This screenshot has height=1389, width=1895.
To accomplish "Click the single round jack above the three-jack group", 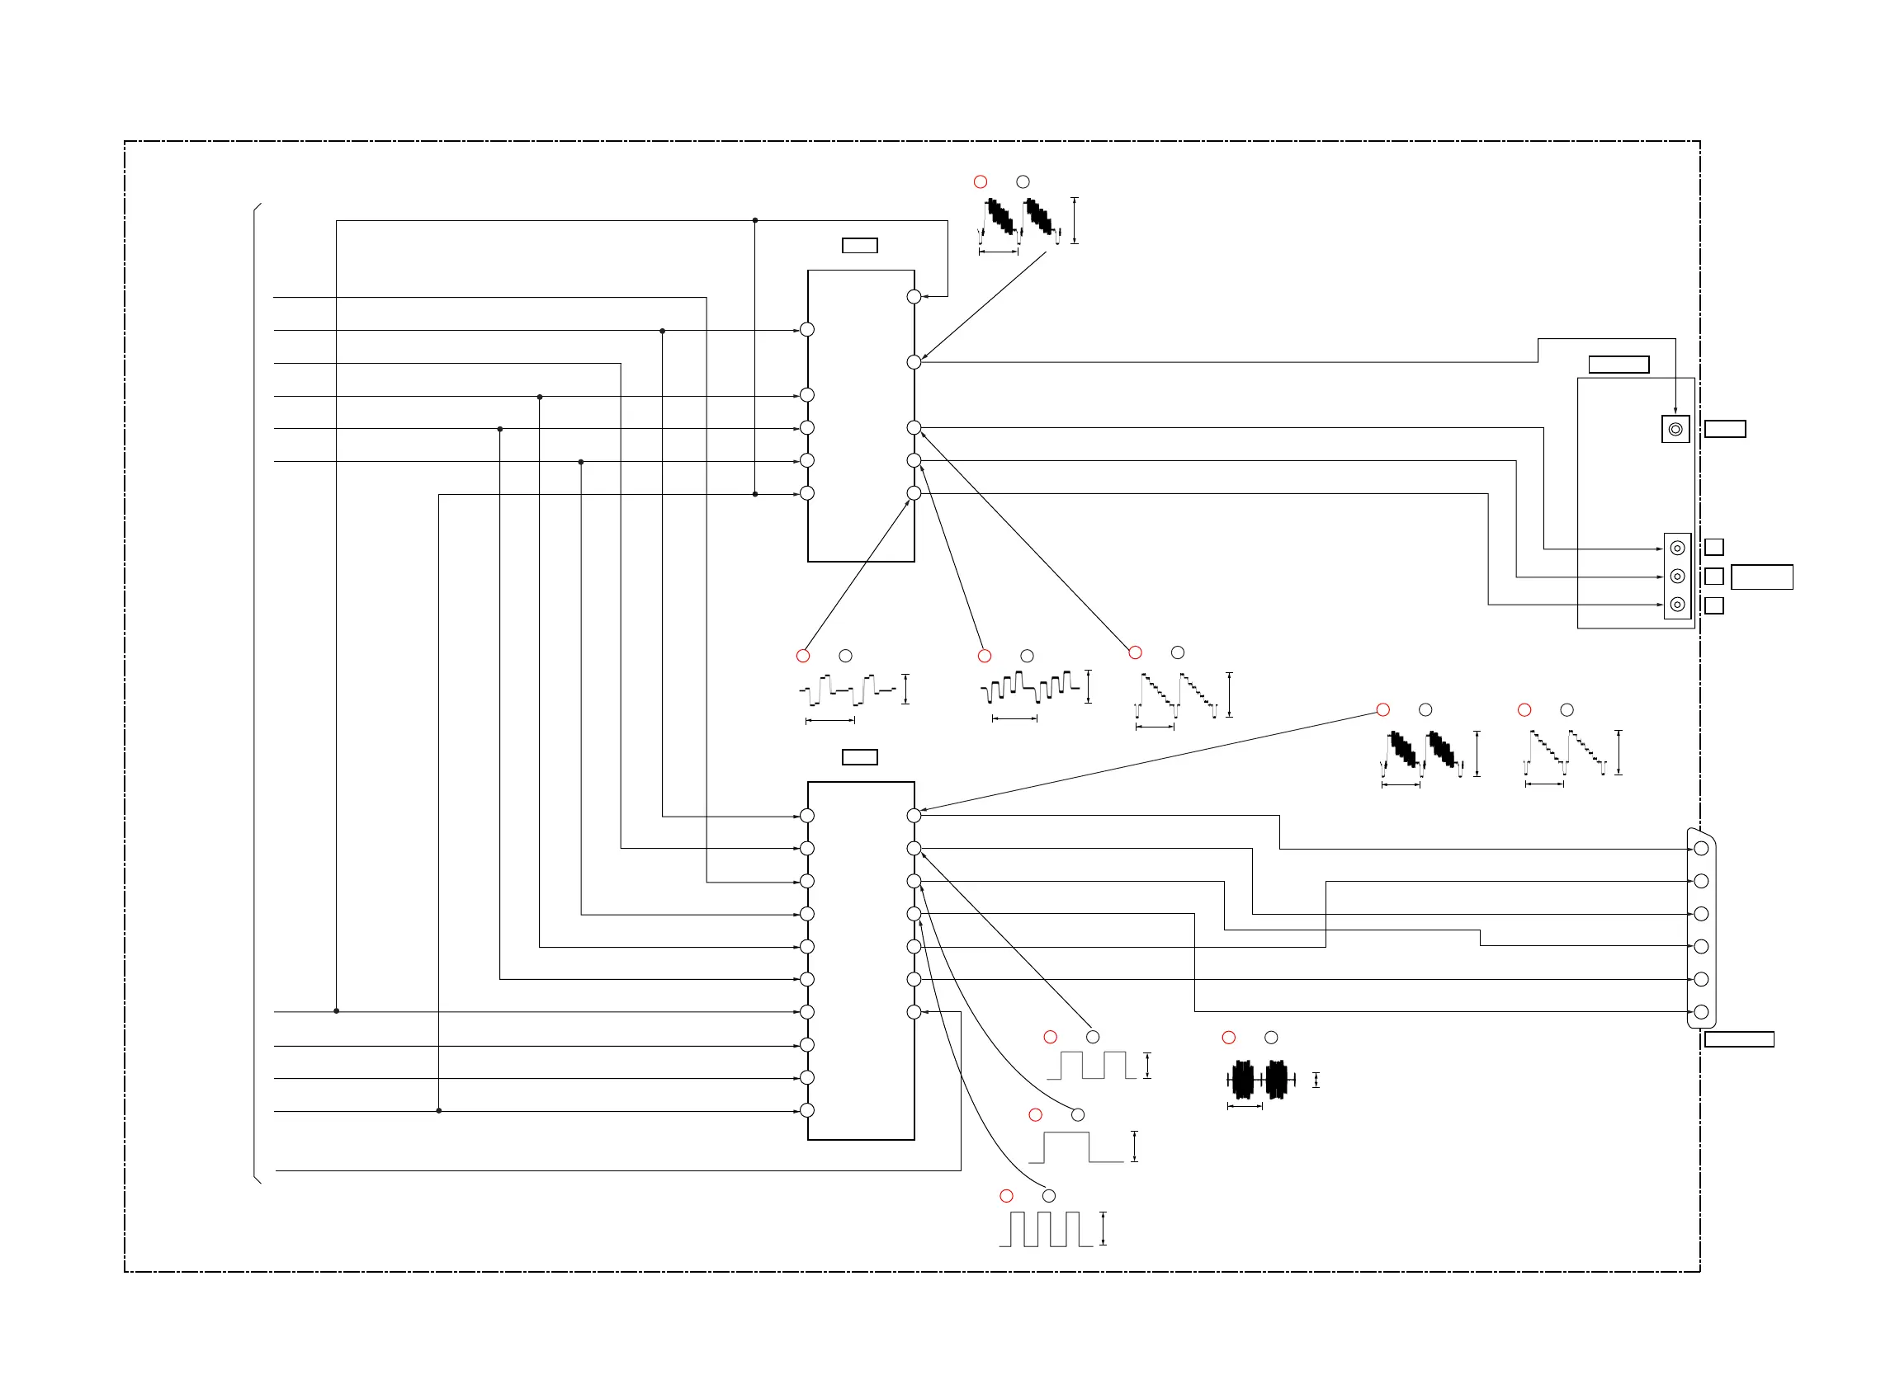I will [1675, 429].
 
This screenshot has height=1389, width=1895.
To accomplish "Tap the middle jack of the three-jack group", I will [1676, 576].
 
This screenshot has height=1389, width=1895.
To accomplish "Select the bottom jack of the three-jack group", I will [1676, 605].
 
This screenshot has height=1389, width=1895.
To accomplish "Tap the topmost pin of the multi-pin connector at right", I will [1700, 849].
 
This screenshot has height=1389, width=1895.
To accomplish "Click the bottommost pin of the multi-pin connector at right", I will [1700, 1012].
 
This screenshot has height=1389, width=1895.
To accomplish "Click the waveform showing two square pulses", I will [1091, 1066].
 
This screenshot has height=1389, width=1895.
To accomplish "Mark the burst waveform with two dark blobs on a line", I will [1259, 1080].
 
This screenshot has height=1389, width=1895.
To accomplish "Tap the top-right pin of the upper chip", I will [914, 297].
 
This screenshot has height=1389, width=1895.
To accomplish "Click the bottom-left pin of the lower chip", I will [806, 1111].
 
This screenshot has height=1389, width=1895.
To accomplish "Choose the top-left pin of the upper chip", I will [806, 330].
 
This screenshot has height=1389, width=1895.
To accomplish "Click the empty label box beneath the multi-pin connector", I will [1738, 1039].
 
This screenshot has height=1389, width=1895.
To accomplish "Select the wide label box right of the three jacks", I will [1761, 577].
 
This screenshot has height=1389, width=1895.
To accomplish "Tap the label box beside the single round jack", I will [1724, 429].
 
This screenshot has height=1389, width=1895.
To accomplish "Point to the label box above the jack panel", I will [1619, 364].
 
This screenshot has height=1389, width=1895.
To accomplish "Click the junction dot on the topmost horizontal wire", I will [754, 220].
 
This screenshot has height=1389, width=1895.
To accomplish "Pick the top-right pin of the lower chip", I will [914, 816].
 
